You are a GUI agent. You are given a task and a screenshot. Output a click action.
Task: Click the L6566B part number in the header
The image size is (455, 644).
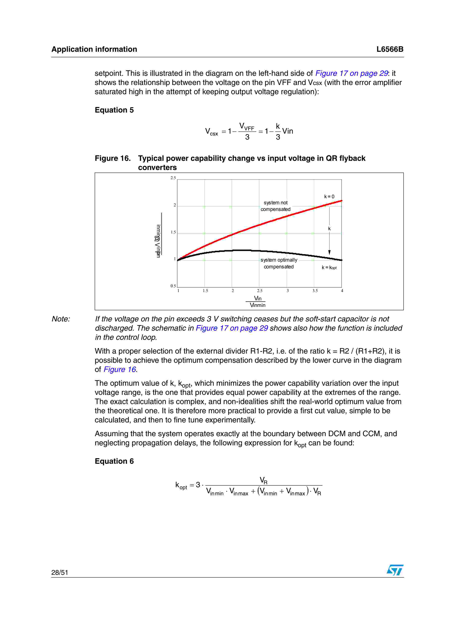[389, 49]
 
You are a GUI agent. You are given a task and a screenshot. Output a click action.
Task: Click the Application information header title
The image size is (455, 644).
[94, 49]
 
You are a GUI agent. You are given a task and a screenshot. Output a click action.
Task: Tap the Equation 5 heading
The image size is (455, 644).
[114, 110]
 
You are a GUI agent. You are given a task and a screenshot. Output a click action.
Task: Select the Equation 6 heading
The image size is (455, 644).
[114, 461]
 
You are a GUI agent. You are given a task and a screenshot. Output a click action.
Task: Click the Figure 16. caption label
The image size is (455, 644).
[113, 158]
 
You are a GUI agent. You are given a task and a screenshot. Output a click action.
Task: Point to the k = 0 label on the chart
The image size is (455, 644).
[329, 197]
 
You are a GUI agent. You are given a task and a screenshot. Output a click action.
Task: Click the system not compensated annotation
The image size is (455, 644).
[275, 206]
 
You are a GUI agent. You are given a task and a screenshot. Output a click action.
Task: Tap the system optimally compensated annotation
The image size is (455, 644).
[279, 263]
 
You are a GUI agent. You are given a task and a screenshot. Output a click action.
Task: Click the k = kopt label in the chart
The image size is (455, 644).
[329, 268]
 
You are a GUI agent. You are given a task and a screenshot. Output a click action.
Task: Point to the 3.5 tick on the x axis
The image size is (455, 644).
[315, 291]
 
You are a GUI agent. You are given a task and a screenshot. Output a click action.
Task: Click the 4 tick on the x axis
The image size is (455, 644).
[342, 291]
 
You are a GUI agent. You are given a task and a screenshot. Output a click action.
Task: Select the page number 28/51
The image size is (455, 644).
[60, 572]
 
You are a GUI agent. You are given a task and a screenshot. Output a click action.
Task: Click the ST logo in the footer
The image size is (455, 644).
[395, 570]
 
